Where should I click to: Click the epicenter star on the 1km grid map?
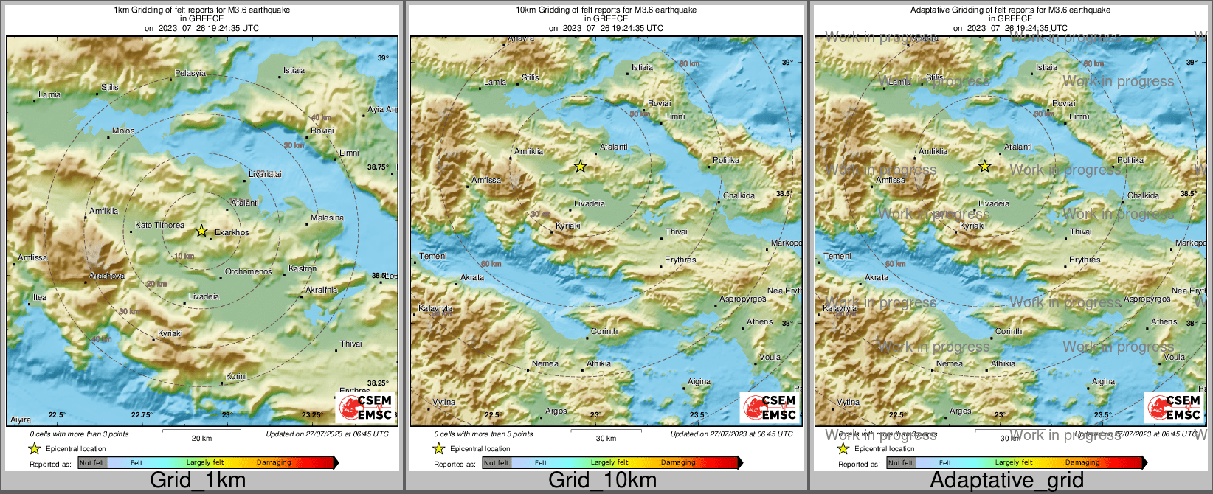pyautogui.click(x=201, y=231)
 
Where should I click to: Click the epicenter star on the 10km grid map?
pyautogui.click(x=581, y=167)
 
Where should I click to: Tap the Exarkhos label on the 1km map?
pyautogui.click(x=232, y=232)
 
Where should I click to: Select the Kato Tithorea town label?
pyautogui.click(x=160, y=225)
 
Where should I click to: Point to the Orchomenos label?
pyautogui.click(x=249, y=271)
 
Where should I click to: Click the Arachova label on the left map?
pyautogui.click(x=107, y=276)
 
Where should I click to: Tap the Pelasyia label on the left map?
pyautogui.click(x=190, y=73)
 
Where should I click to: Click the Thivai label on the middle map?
pyautogui.click(x=677, y=232)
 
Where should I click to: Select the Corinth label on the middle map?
pyautogui.click(x=604, y=331)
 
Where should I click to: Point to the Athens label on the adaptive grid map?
pyautogui.click(x=1164, y=321)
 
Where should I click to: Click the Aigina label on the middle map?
pyautogui.click(x=699, y=381)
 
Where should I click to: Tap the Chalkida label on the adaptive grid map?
pyautogui.click(x=1143, y=195)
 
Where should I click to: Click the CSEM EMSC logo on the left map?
pyautogui.click(x=365, y=407)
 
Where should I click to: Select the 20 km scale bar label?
pyautogui.click(x=201, y=438)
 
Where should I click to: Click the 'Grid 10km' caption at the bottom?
pyautogui.click(x=602, y=480)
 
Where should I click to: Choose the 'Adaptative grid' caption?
pyautogui.click(x=1006, y=480)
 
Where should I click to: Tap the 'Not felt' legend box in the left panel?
pyautogui.click(x=92, y=463)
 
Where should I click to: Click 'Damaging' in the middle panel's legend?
pyautogui.click(x=678, y=462)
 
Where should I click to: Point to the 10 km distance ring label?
pyautogui.click(x=184, y=256)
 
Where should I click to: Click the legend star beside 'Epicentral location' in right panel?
pyautogui.click(x=843, y=448)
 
